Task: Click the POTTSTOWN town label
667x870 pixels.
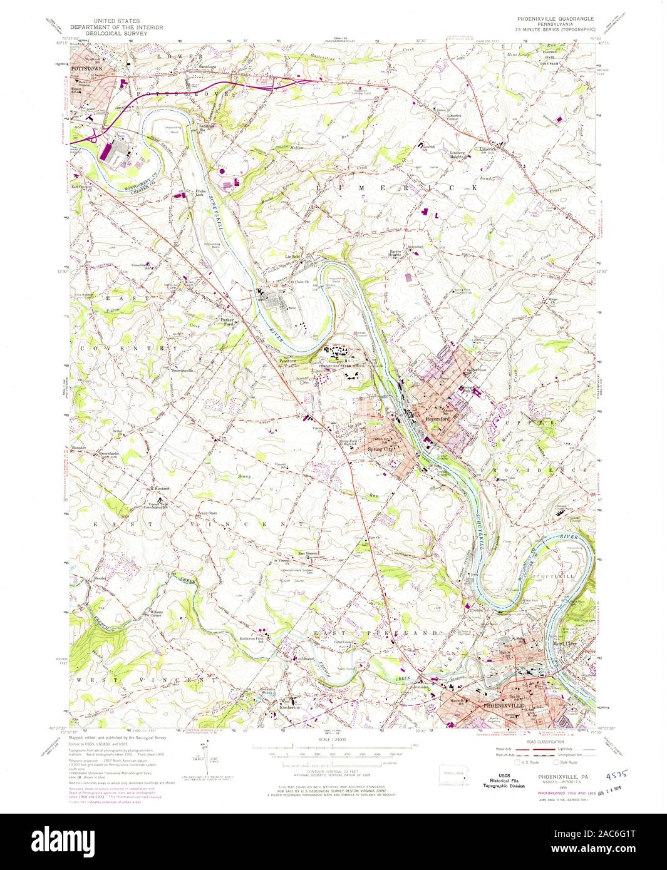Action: (86, 66)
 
